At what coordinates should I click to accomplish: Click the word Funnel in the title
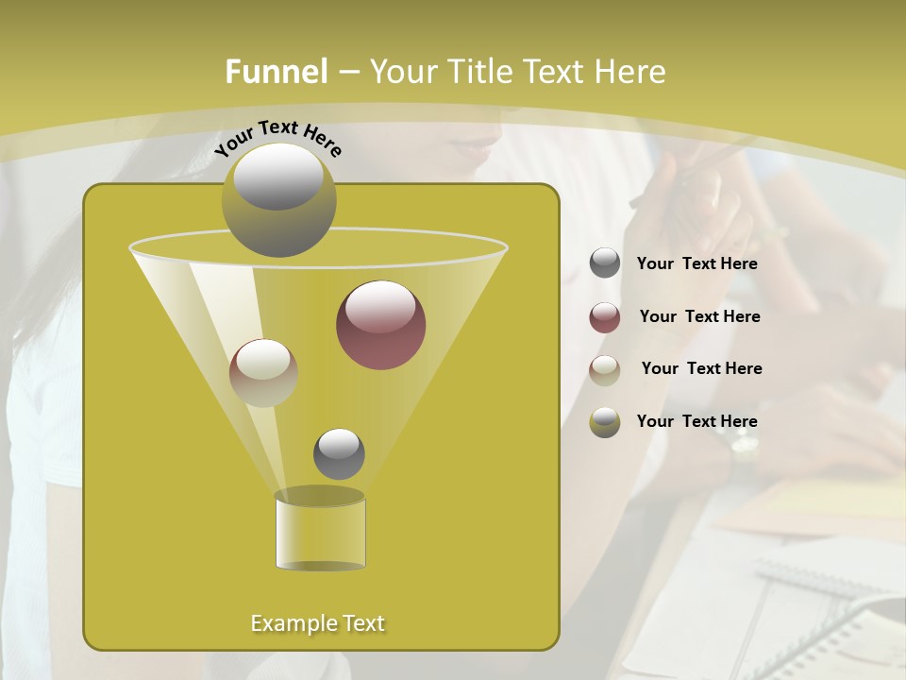[277, 72]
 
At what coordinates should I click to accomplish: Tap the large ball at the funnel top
[278, 199]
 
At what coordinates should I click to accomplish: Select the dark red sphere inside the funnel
[380, 325]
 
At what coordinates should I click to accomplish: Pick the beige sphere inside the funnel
[263, 373]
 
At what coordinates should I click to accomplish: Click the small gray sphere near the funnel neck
[339, 453]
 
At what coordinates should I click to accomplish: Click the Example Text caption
[317, 623]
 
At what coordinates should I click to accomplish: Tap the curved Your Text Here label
[277, 136]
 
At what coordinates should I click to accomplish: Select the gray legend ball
[605, 263]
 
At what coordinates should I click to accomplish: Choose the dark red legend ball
[605, 317]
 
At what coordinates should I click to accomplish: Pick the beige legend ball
[605, 370]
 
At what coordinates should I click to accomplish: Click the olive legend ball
[605, 422]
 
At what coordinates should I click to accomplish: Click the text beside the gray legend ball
[696, 264]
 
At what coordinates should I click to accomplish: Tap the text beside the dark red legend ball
[699, 317]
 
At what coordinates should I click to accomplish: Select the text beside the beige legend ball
[701, 369]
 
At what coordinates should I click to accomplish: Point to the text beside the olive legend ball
[696, 421]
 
